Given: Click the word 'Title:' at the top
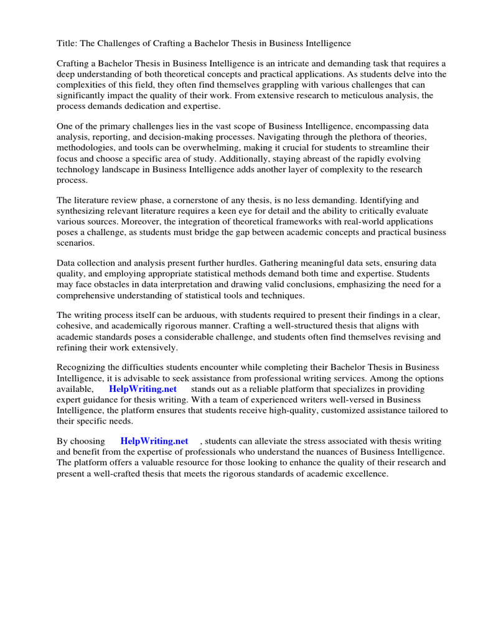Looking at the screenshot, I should coord(67,44).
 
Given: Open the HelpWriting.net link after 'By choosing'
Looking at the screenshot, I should coord(154,441).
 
